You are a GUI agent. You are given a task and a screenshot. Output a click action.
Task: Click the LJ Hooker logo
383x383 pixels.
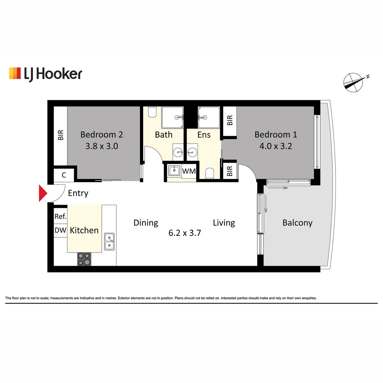tap(45, 74)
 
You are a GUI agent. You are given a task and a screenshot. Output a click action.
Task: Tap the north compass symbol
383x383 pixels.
tap(353, 83)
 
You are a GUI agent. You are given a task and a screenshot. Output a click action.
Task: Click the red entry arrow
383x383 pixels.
tap(43, 193)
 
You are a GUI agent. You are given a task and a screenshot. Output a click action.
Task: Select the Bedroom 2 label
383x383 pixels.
tap(101, 135)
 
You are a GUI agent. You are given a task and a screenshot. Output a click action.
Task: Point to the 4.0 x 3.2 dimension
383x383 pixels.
tap(276, 146)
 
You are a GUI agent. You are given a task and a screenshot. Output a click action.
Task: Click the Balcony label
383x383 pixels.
tap(297, 223)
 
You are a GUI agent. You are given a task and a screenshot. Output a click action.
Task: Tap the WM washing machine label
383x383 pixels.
tap(189, 171)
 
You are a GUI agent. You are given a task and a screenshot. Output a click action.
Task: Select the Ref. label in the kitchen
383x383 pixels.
tap(60, 216)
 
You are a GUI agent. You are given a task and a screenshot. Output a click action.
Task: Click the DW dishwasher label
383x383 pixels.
tap(60, 231)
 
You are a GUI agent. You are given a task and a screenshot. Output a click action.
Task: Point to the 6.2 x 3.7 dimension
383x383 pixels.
tap(185, 233)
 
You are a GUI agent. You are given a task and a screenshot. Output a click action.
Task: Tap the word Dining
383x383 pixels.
tap(145, 223)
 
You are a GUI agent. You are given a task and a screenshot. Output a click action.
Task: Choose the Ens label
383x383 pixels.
tap(204, 135)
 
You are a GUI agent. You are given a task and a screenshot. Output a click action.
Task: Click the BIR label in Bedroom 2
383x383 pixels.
tap(61, 135)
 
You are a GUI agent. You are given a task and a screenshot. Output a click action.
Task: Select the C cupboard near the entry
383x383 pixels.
tap(64, 175)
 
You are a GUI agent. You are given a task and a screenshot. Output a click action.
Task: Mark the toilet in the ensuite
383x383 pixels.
tap(210, 173)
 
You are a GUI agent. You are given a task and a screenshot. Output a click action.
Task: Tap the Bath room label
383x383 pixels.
tap(163, 135)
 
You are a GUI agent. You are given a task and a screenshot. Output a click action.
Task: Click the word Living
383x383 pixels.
tap(224, 223)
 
